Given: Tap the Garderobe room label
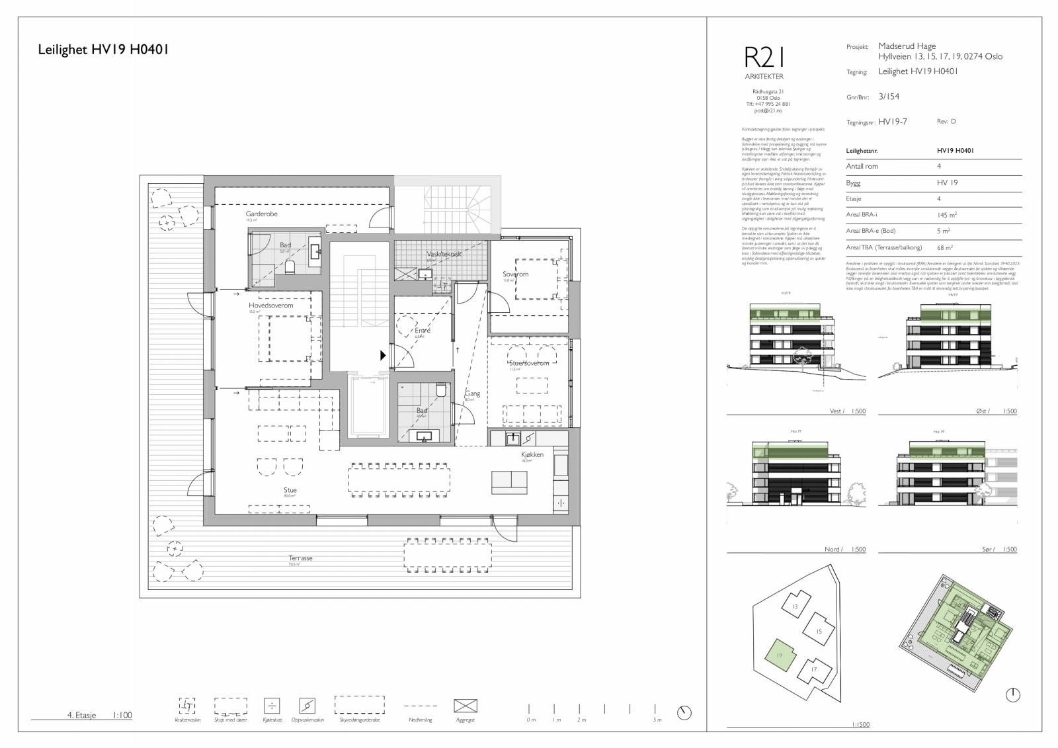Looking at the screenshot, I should point(261,214).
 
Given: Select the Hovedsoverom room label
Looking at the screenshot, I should point(270,306).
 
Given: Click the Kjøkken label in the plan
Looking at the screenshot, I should point(532,454).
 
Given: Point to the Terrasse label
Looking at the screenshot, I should point(300,558).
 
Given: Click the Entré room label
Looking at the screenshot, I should point(422,331).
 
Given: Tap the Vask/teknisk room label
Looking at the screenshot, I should point(444,254).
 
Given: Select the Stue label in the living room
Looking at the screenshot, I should point(290,490).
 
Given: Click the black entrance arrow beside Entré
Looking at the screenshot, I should point(383,355).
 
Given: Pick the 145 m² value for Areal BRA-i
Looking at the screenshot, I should point(947,215).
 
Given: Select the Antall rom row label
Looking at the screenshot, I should point(862,167).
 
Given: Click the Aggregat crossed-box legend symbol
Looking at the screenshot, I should point(466,706).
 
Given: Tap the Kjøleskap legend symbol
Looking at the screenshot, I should point(271,706).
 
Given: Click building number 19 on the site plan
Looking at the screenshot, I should point(780,655).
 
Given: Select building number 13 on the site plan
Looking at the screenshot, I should point(795,606).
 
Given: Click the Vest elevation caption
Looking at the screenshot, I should point(836,411).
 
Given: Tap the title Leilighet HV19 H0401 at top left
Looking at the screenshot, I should point(102,49).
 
